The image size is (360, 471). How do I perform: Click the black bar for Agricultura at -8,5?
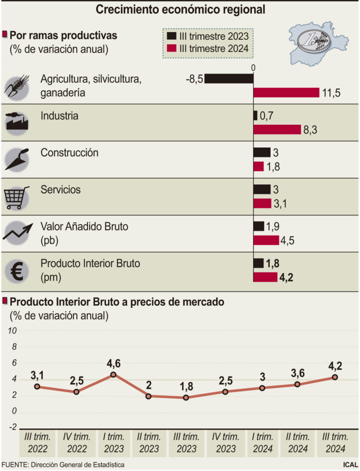(x=229, y=78)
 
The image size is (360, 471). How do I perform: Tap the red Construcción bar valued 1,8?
(x=258, y=166)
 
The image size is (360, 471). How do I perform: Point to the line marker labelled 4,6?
(x=113, y=374)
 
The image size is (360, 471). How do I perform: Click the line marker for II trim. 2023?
(x=148, y=396)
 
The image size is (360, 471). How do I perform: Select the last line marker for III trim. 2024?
(x=335, y=377)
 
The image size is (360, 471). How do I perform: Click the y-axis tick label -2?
(x=12, y=427)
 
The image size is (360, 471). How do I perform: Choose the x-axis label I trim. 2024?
(x=262, y=443)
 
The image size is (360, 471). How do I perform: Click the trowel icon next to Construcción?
(x=17, y=159)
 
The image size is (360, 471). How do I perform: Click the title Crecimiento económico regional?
(x=180, y=9)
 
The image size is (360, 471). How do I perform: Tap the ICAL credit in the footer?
(x=350, y=465)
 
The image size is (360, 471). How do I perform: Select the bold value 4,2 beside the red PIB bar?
(x=287, y=277)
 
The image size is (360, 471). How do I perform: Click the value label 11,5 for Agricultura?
(x=331, y=93)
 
